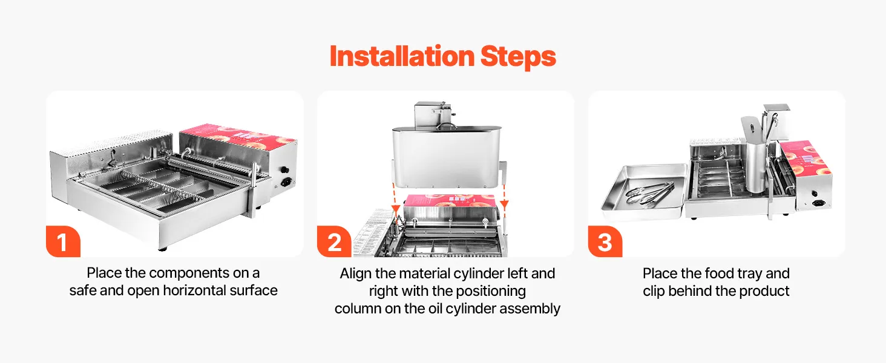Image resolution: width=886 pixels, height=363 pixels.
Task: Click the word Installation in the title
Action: click(402, 56)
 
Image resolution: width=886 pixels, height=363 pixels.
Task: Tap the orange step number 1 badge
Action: click(64, 241)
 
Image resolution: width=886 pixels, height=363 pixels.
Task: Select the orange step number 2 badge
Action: click(334, 241)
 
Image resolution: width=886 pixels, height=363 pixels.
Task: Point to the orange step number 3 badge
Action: click(605, 241)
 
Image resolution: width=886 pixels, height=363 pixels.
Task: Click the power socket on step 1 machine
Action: click(286, 182)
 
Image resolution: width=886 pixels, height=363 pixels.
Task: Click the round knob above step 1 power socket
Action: click(284, 170)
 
